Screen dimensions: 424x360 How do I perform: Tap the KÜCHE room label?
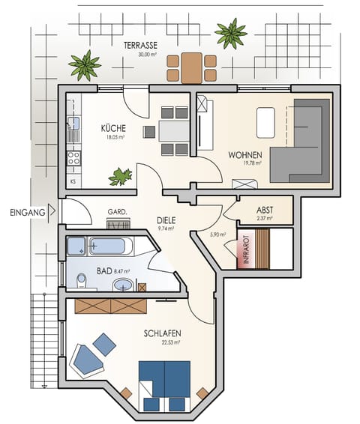point(114,128)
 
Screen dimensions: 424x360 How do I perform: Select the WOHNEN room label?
point(245,155)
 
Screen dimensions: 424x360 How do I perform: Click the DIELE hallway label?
point(166,220)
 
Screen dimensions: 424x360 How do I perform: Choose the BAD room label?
point(105,271)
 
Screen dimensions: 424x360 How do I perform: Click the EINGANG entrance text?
point(27,212)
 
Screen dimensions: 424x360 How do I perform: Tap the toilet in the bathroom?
point(82,282)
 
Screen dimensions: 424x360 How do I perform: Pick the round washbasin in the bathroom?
point(122,285)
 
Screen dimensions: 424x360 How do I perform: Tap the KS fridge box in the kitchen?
point(73,181)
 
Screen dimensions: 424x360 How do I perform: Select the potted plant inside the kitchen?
point(120,177)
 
